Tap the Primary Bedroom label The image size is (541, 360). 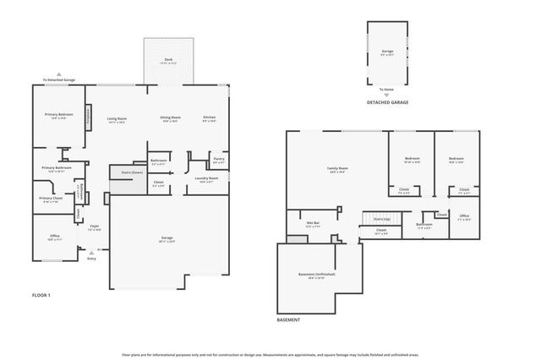click(x=58, y=116)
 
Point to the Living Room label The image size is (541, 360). click(x=117, y=119)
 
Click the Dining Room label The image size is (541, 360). click(x=170, y=118)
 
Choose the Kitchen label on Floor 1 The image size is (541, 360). click(x=209, y=118)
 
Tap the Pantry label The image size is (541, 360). click(x=218, y=159)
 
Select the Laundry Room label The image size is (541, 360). click(x=207, y=179)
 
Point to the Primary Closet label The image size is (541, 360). click(x=50, y=199)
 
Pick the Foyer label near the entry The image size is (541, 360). click(x=95, y=227)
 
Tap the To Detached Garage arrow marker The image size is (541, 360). click(x=58, y=75)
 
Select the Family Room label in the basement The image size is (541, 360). click(x=338, y=169)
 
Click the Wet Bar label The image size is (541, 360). click(x=313, y=224)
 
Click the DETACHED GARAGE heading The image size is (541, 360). click(x=387, y=102)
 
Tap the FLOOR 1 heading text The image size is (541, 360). click(x=41, y=295)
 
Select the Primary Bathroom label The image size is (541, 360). click(x=57, y=168)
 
